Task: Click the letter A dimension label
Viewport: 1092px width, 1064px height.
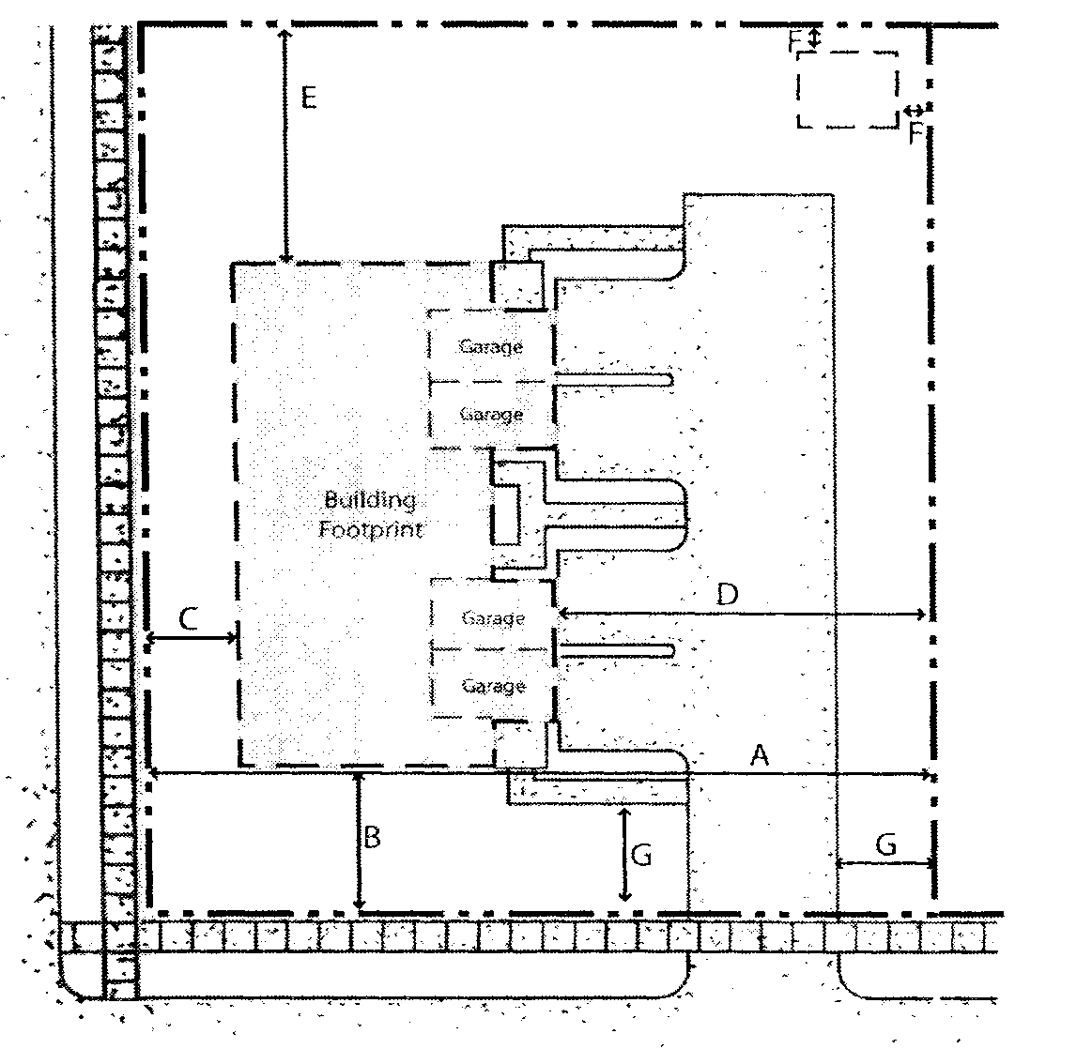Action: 760,754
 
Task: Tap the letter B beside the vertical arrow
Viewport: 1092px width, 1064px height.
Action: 372,838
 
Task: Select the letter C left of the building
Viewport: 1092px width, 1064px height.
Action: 189,618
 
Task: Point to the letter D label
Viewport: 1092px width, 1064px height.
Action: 727,594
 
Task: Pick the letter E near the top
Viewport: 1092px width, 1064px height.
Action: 308,97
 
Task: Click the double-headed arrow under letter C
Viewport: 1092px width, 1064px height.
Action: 192,639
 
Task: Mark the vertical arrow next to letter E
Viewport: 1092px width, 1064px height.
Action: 285,145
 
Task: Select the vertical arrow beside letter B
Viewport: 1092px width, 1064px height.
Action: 359,841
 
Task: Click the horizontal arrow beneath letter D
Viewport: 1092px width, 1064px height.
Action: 742,615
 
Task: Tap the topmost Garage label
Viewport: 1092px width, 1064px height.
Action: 490,346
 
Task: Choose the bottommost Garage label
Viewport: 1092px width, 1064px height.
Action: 493,686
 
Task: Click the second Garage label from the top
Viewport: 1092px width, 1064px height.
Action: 491,414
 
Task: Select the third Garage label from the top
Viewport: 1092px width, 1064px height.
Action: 493,618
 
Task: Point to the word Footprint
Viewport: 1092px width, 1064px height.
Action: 371,529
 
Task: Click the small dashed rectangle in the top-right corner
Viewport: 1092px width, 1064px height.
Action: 846,89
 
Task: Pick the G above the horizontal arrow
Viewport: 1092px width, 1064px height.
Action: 885,845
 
